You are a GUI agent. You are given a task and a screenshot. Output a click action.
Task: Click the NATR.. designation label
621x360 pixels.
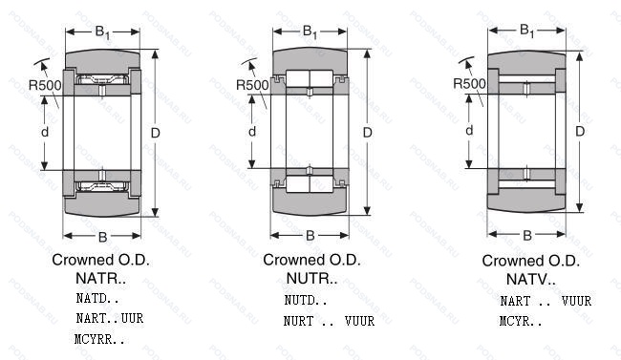100,279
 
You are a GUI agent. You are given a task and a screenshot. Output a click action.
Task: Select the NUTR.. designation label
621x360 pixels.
311,279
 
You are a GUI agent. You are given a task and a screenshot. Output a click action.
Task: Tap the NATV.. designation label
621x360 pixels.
530,279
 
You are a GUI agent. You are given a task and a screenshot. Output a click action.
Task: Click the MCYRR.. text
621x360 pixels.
99,339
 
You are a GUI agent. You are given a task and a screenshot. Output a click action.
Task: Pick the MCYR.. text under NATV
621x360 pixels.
521,321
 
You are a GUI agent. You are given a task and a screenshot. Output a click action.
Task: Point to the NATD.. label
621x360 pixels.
97,298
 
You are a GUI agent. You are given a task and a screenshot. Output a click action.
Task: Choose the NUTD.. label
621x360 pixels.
306,300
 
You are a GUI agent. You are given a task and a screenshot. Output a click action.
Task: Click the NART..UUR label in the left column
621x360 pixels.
110,318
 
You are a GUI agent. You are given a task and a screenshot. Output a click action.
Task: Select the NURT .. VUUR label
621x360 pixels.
329,321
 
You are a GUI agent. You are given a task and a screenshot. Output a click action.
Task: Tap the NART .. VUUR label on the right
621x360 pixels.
546,301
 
